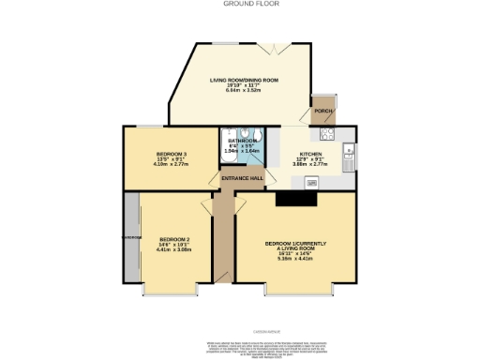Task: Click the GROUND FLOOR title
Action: tap(240, 4)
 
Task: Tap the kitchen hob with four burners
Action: tap(348, 149)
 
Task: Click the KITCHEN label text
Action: tap(310, 154)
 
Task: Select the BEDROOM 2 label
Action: tap(174, 239)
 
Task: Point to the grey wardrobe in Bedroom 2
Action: tap(131, 239)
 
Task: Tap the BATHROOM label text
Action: tap(241, 141)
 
